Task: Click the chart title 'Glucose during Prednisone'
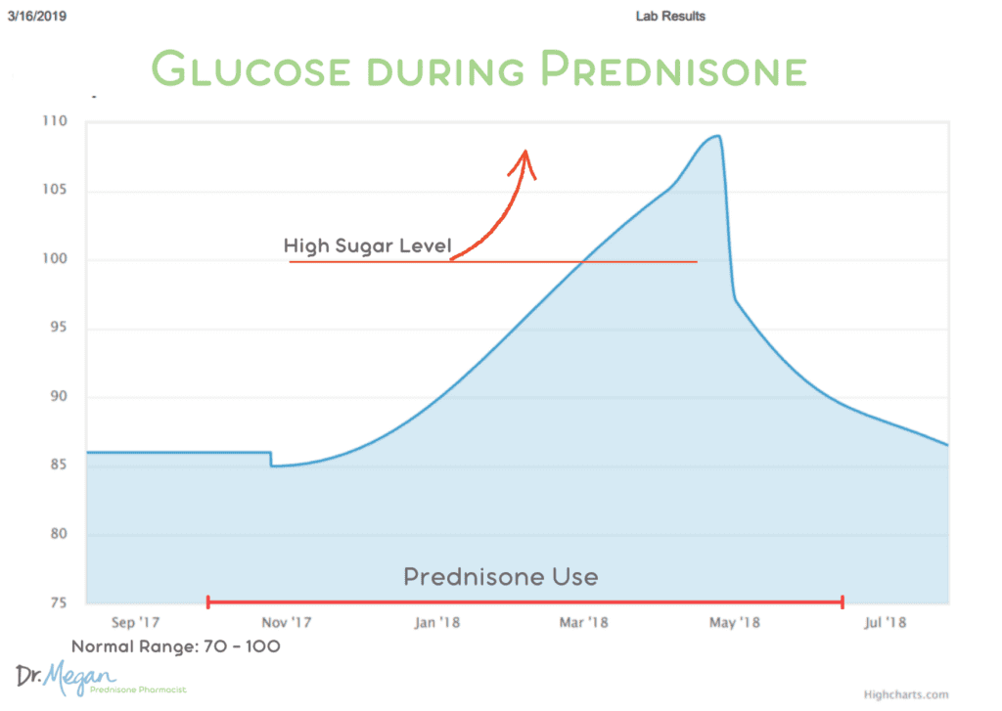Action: pos(478,70)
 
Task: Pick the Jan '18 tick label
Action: pos(437,622)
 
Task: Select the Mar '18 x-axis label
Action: pos(584,622)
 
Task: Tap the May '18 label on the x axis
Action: pos(734,622)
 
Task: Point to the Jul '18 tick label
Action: pos(884,622)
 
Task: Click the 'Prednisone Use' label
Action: pos(500,577)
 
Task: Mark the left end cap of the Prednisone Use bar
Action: pos(208,601)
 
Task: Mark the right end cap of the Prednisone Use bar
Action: pos(842,601)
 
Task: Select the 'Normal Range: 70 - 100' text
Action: pos(176,646)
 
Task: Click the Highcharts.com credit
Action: pos(906,694)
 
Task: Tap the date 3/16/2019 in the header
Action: pos(36,16)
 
